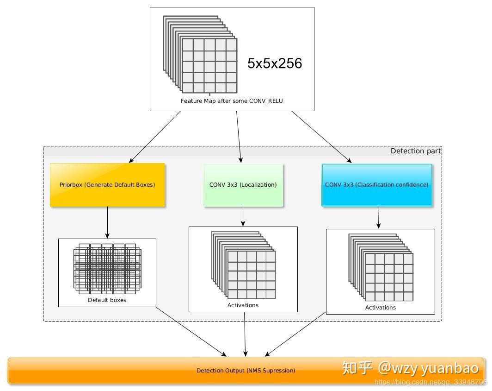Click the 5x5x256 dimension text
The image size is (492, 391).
point(274,63)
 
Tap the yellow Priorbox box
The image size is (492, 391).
point(107,184)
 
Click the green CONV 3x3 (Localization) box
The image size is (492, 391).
point(243,184)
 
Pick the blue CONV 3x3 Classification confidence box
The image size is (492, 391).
point(376,184)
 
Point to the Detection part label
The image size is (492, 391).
point(416,151)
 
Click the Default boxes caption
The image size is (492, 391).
point(107,300)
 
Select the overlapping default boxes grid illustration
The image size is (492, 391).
point(107,268)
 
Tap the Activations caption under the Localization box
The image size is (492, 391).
point(243,305)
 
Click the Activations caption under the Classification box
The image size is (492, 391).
point(380,307)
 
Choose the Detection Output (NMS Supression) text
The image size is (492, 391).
point(246,370)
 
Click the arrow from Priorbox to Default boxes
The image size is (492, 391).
point(107,222)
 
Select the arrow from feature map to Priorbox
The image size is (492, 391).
point(155,137)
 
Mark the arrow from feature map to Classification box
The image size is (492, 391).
point(321,137)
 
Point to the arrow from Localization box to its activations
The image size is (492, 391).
point(243,216)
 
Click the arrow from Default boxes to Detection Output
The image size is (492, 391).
point(191,332)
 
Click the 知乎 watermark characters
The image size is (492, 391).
point(357,368)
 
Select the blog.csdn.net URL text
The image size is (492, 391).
point(430,382)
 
